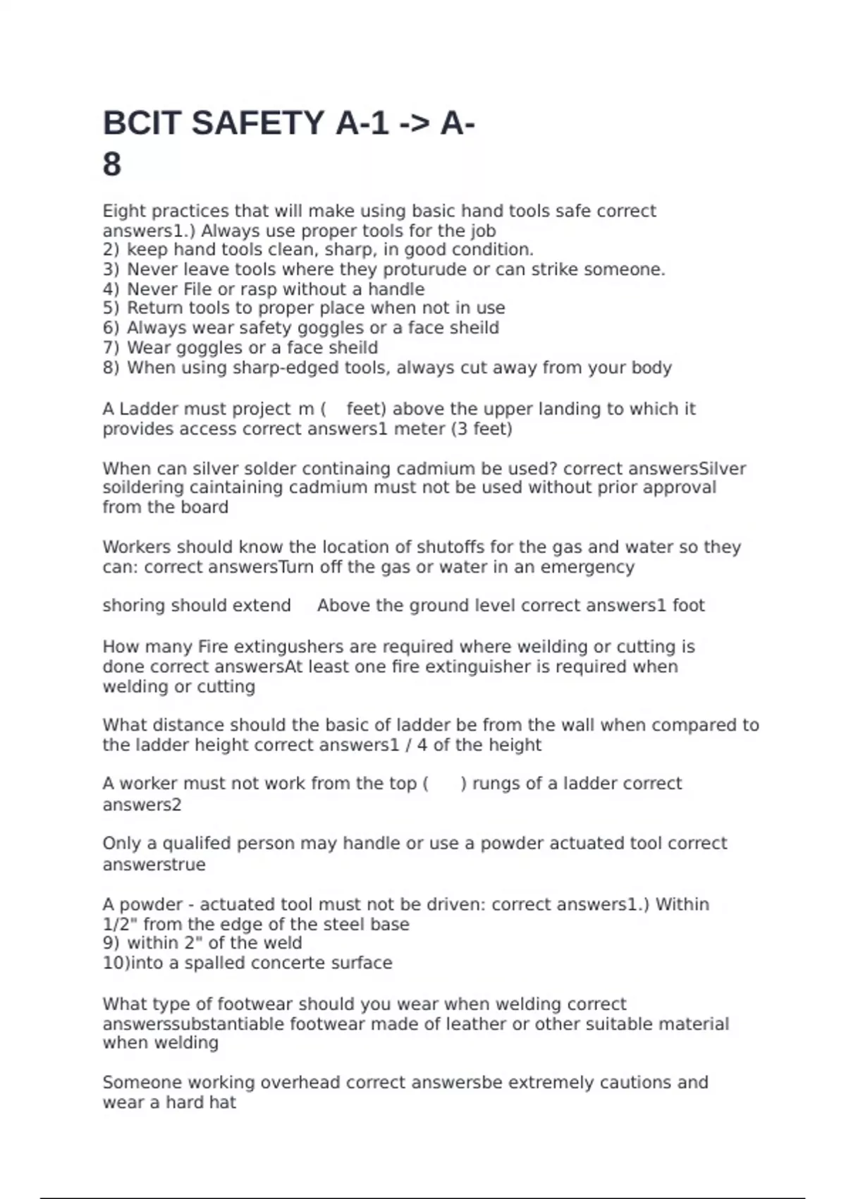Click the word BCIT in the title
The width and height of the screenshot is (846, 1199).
141,123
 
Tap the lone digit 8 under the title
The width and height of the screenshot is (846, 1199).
112,165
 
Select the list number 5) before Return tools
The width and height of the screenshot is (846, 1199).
111,308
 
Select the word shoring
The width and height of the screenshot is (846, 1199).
132,606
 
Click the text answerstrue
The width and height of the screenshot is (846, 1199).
154,865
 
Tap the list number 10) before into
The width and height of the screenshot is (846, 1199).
116,963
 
